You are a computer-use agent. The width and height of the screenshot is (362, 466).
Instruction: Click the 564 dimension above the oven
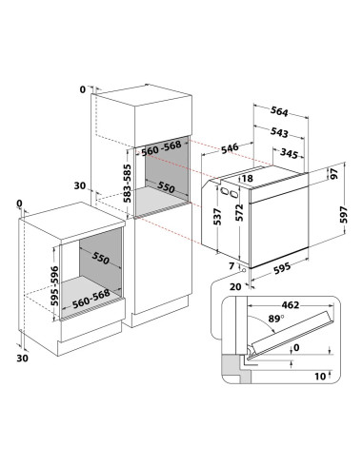(279, 111)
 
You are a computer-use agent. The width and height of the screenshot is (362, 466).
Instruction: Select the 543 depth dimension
(279, 132)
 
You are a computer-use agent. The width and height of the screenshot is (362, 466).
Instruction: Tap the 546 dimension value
(230, 148)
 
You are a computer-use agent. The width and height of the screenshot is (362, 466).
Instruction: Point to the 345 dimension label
(290, 153)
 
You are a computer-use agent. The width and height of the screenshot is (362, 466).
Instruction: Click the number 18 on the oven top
(248, 179)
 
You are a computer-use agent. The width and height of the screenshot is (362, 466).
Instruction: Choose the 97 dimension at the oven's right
(334, 174)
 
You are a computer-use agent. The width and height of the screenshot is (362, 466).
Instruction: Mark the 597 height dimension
(344, 215)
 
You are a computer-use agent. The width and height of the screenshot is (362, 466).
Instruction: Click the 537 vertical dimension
(217, 217)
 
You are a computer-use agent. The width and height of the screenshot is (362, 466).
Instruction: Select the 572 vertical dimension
(239, 212)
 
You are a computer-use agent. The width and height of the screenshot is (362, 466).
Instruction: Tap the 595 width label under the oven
(282, 268)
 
